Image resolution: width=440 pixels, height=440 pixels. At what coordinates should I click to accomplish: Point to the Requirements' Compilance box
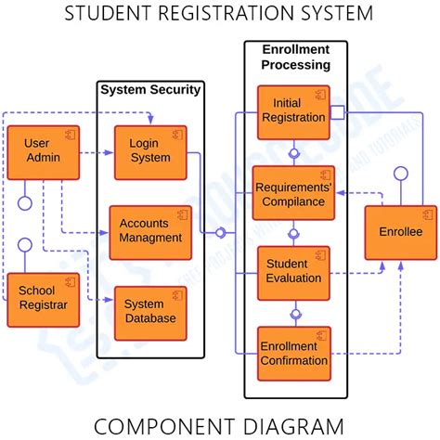coord(294,193)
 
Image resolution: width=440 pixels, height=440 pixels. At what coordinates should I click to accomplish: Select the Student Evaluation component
coord(292,272)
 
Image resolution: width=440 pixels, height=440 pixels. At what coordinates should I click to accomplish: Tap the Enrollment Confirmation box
coord(292,354)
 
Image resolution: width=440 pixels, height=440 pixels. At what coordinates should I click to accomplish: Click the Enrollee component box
coord(400,232)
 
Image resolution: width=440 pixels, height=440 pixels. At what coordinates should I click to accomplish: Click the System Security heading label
coord(150,90)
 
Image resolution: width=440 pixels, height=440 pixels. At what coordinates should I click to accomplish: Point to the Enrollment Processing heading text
coord(295,58)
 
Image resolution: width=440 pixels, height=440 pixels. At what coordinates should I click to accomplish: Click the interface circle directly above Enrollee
coord(401,174)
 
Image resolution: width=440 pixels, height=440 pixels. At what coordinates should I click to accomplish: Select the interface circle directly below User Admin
coord(25,202)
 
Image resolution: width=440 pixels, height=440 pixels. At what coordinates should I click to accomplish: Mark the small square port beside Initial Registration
coord(337,113)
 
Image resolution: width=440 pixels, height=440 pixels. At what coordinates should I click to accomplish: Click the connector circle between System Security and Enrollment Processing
coord(221,233)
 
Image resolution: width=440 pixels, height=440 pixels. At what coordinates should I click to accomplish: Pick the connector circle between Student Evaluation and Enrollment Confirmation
coord(295,314)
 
